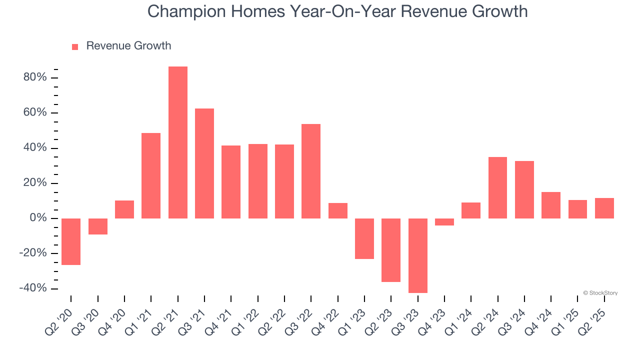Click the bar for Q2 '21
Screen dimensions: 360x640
click(x=178, y=142)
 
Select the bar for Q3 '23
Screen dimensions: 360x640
click(x=418, y=255)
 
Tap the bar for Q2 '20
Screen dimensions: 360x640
click(x=71, y=241)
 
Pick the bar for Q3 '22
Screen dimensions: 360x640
click(x=311, y=171)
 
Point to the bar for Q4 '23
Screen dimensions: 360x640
click(x=444, y=222)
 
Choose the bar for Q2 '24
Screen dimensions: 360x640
click(x=497, y=187)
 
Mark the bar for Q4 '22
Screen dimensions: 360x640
click(x=338, y=210)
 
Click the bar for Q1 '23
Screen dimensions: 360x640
click(x=364, y=238)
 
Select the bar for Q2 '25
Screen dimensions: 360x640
click(x=604, y=208)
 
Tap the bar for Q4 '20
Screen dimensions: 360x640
click(x=124, y=209)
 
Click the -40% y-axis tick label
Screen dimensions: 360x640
click(x=33, y=288)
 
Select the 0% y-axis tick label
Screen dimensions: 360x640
click(x=38, y=218)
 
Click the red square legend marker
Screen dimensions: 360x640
click(x=75, y=47)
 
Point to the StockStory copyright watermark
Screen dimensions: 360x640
click(x=600, y=293)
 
